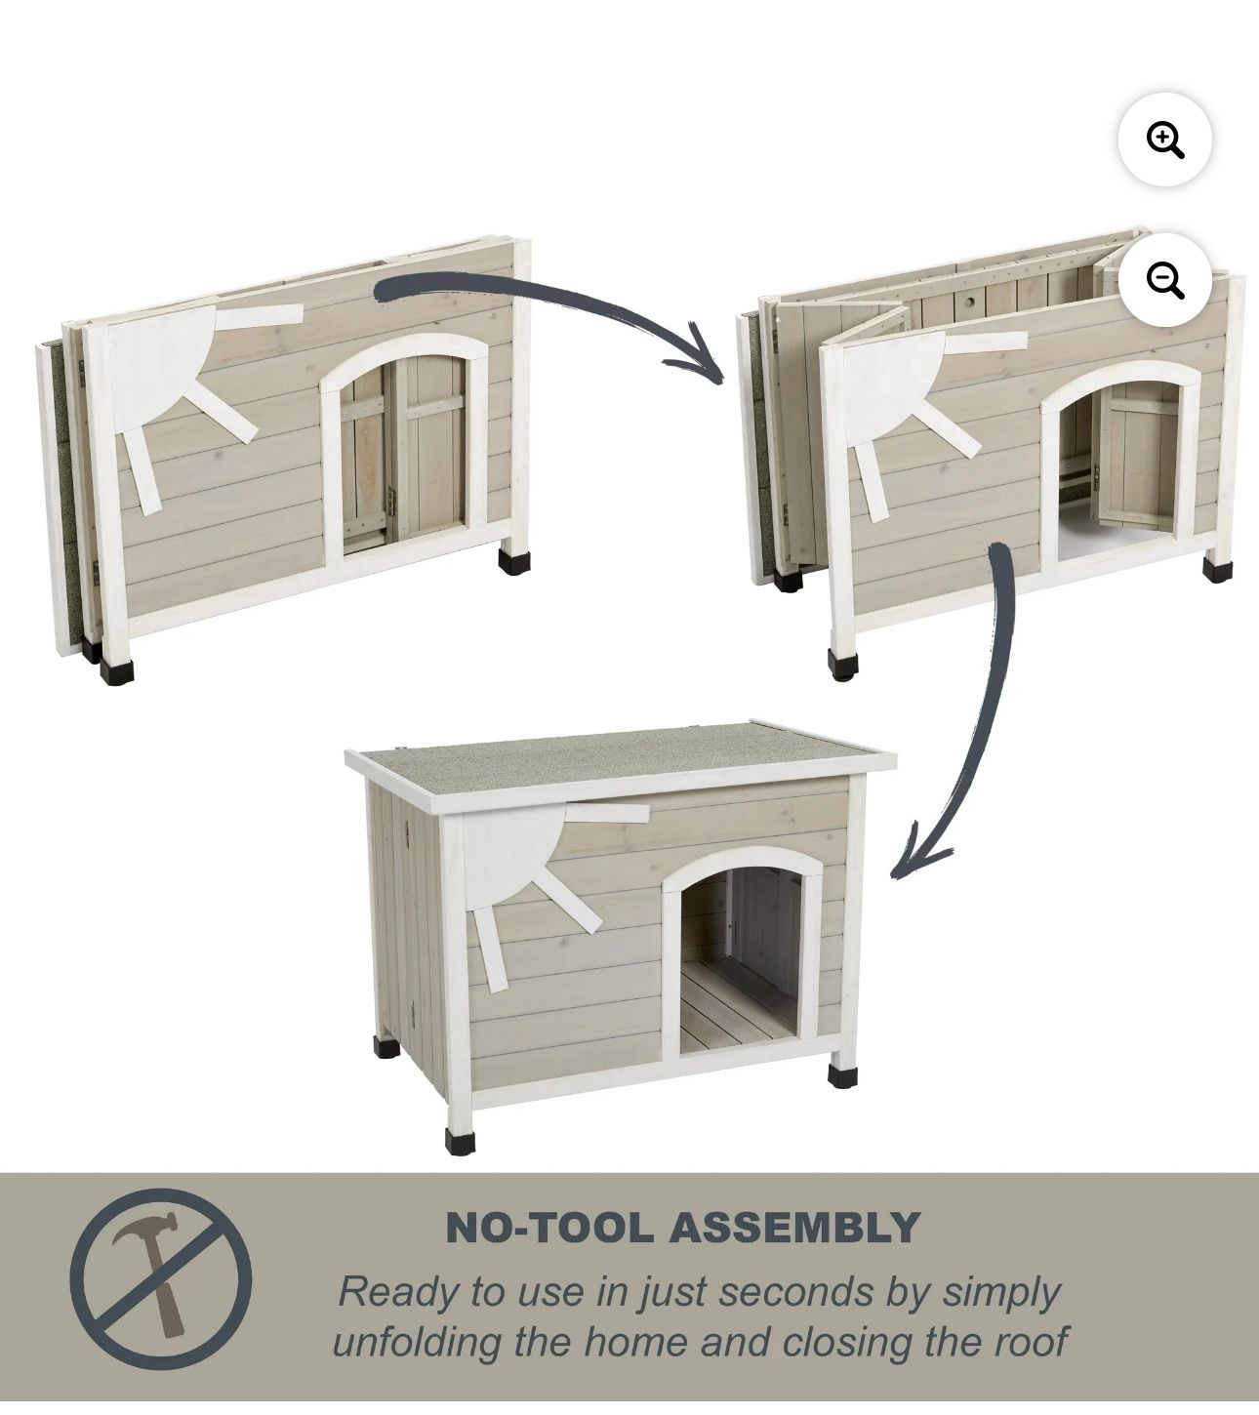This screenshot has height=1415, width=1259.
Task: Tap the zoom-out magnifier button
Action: tap(1164, 279)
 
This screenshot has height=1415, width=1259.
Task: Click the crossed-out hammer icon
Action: tap(161, 1278)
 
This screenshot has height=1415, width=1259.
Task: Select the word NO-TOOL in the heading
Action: tap(549, 1227)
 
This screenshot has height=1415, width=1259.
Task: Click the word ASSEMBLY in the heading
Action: tap(794, 1227)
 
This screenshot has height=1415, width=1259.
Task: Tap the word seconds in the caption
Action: tap(794, 1292)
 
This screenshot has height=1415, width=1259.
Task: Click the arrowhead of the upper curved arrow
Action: tap(699, 355)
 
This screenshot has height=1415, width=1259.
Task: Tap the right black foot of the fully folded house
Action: tap(513, 560)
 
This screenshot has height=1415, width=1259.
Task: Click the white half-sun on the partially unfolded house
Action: tap(898, 391)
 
